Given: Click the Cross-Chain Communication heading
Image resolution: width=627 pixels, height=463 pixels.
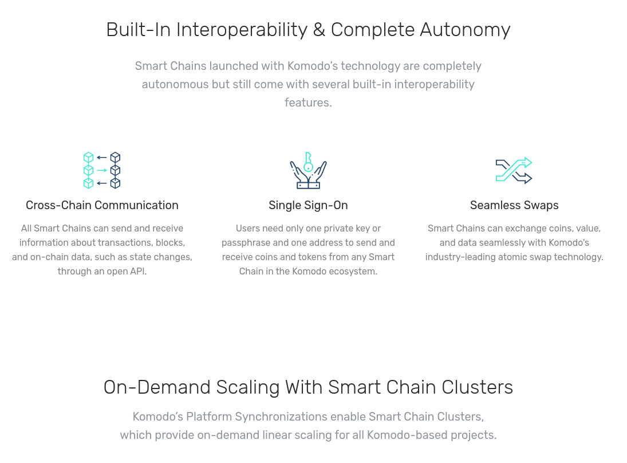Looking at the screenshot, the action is [x=102, y=205].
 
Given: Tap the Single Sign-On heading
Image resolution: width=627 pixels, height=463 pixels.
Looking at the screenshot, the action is [x=308, y=205].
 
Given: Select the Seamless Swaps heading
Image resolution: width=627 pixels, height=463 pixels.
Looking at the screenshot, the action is [x=514, y=205].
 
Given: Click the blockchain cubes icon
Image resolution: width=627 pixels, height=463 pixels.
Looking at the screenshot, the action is [x=102, y=170].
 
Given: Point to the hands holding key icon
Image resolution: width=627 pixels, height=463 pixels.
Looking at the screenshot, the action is [x=308, y=170].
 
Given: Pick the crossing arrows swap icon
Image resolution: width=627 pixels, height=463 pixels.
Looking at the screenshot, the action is [x=514, y=171].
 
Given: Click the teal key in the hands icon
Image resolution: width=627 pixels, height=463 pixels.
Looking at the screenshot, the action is [x=308, y=162].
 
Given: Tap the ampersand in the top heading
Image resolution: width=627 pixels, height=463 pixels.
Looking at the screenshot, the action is [x=319, y=30].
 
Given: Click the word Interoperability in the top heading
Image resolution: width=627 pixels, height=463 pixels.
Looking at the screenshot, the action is [x=242, y=30].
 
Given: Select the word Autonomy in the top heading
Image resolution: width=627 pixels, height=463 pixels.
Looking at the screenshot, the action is [x=465, y=30].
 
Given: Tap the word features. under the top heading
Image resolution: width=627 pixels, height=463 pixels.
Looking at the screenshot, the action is [x=308, y=103].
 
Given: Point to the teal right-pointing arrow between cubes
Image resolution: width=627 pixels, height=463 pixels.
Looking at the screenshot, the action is [x=102, y=171].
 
